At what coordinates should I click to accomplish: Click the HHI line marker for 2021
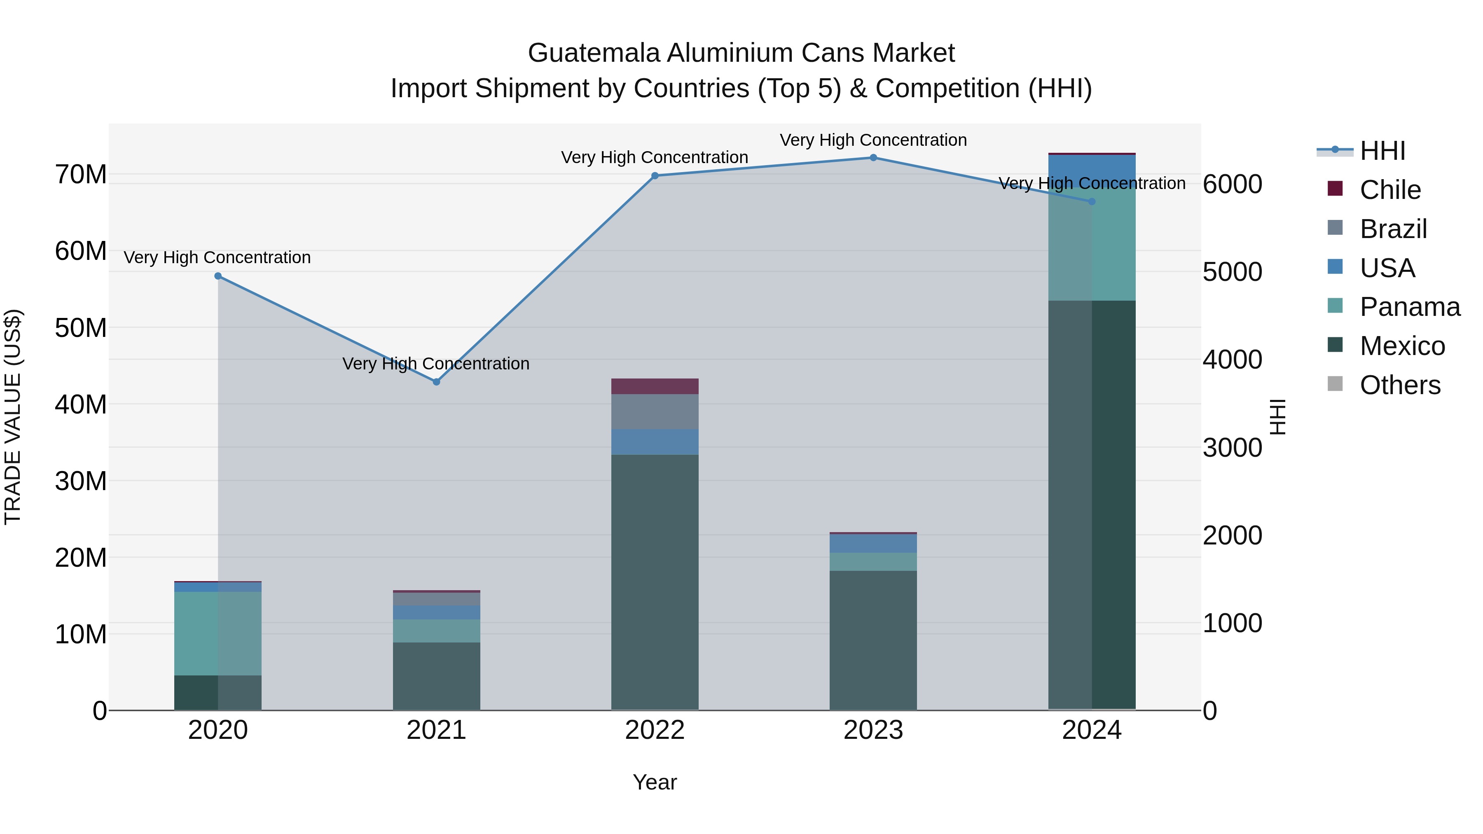436,382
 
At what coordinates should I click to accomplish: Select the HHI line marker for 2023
873,158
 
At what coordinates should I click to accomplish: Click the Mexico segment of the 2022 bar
655,581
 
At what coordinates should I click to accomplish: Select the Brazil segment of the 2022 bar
655,411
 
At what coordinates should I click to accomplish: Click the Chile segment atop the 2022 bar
655,386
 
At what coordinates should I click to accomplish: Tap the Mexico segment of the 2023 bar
873,639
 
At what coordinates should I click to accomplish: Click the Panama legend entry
1409,307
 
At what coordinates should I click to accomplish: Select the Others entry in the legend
1399,385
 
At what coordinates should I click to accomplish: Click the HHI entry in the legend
1382,151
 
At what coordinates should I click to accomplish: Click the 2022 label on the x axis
655,730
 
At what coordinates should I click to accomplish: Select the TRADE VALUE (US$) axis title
13,417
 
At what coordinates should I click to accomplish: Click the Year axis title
655,782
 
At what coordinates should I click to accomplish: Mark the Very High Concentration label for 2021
436,364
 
